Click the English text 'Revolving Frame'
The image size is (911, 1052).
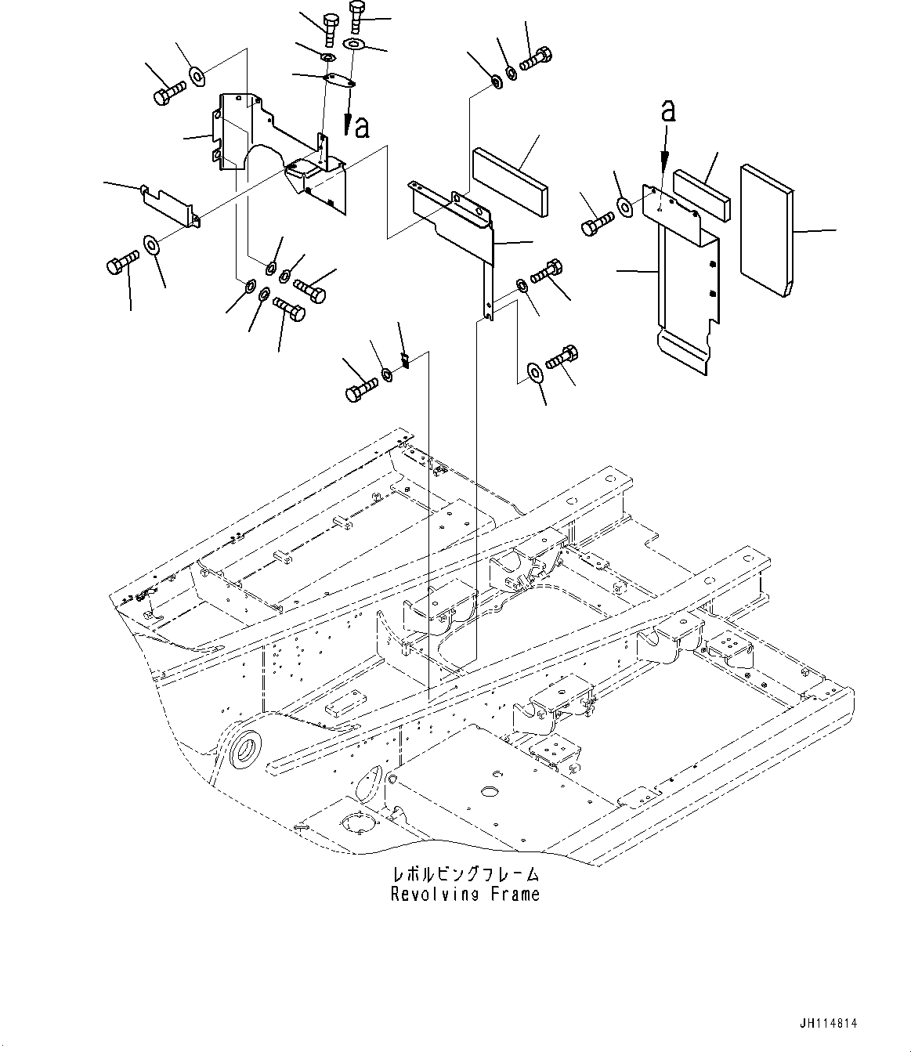(465, 894)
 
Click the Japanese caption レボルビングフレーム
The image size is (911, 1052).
(465, 874)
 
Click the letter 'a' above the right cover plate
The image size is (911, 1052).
(667, 112)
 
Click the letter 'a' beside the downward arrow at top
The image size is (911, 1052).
(361, 126)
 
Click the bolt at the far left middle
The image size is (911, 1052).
(121, 262)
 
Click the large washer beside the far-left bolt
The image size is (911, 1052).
(151, 244)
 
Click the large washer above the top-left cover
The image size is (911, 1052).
(196, 76)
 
